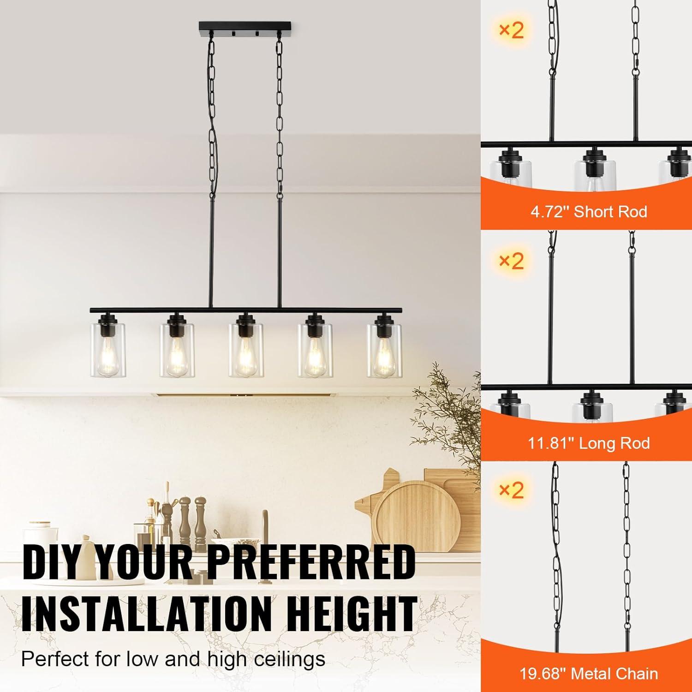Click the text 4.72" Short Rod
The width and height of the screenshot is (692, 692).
point(589,212)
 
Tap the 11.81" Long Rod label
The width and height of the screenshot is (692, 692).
point(589,443)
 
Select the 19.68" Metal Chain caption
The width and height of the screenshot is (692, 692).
point(589,674)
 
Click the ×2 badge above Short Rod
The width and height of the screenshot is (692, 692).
point(512,30)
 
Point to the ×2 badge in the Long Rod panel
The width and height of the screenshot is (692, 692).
point(512,261)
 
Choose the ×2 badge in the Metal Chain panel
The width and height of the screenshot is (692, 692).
point(512,490)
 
